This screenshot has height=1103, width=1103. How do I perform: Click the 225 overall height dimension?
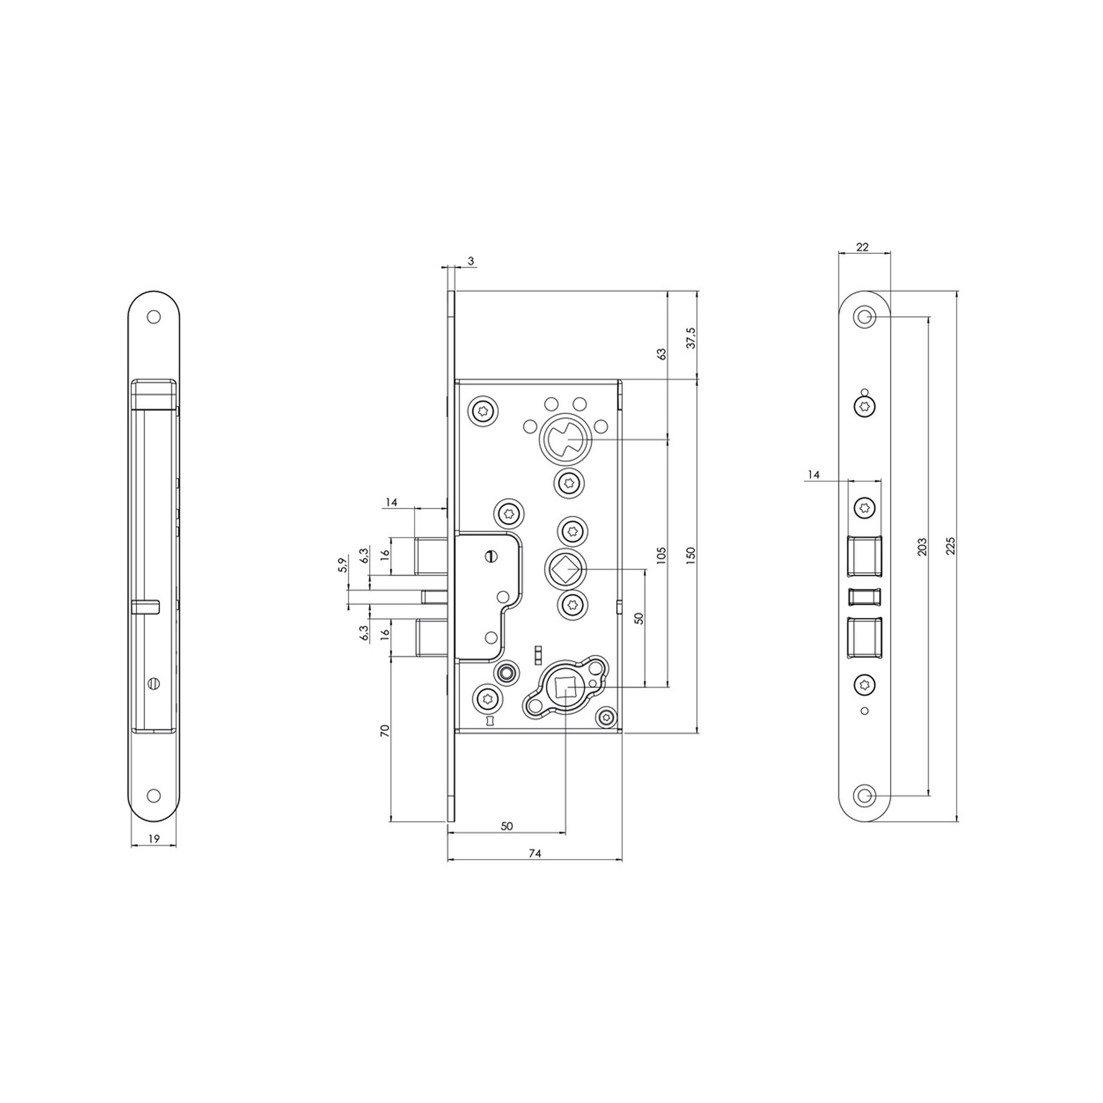(949, 546)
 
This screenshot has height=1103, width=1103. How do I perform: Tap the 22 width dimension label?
(862, 247)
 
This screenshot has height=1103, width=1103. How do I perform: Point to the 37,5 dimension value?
(691, 338)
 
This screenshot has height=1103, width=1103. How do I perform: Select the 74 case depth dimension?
(535, 854)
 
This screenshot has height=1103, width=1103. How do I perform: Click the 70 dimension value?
(385, 731)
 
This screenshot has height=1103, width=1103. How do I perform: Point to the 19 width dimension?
(154, 839)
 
